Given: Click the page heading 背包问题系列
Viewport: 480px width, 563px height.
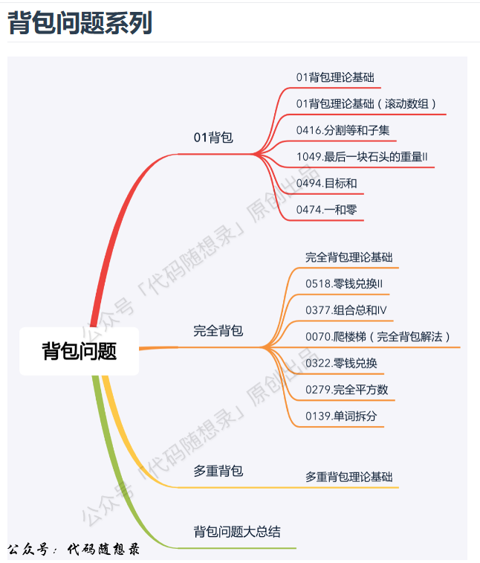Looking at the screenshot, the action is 80,23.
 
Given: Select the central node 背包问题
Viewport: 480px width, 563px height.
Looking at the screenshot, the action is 79,351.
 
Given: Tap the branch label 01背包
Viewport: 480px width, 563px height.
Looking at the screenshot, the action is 213,138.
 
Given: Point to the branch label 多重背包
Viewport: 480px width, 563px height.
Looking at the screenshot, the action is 218,471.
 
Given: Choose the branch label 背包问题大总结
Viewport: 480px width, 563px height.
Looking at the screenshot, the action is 237,532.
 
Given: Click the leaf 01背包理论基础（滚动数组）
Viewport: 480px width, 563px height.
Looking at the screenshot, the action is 366,103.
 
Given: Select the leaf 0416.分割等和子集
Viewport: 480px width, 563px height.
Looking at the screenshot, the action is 343,130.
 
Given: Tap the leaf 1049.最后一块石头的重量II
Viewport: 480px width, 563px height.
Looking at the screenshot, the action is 361,157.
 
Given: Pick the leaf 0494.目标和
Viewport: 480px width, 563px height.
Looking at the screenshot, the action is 326,183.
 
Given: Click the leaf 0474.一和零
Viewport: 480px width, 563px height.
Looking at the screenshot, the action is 326,210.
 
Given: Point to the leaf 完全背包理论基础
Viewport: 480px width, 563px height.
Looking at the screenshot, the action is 348,257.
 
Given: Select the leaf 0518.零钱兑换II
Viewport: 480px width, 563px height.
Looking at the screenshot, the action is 343,283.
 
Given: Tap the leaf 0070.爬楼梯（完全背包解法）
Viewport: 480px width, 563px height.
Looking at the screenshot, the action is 378,337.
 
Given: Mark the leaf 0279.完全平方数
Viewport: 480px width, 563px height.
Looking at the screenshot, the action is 346,390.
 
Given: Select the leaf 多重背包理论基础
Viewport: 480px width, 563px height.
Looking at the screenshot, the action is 348,477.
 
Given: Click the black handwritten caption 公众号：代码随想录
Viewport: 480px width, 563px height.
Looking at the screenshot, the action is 74,550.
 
